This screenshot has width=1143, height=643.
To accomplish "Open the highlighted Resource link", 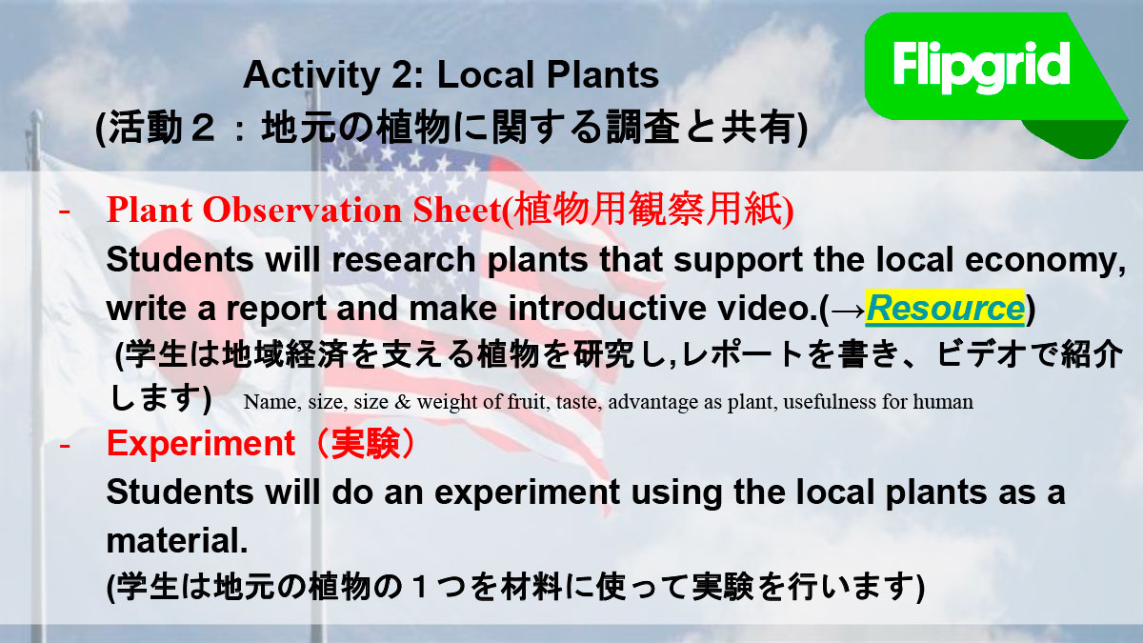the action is click(945, 309).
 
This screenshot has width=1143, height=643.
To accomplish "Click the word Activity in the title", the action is click(311, 75).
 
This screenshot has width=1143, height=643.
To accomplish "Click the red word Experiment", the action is click(201, 444).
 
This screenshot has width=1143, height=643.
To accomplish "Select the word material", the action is click(177, 540).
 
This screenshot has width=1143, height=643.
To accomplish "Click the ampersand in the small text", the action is click(402, 402).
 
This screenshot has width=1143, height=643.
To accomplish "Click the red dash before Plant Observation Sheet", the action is click(65, 211).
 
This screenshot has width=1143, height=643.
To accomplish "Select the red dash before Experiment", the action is click(65, 446).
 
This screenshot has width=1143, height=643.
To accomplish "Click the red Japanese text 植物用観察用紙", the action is click(648, 210).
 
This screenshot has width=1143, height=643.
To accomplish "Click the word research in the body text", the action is click(404, 260).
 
